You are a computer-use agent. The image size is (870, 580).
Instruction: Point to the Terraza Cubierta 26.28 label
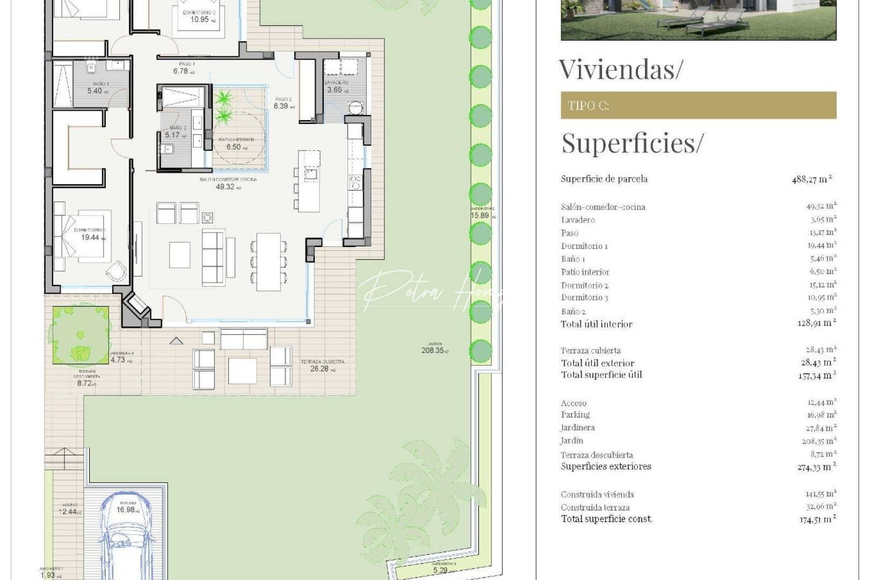click(x=322, y=366)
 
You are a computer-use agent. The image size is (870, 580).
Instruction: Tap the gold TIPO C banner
click(x=698, y=105)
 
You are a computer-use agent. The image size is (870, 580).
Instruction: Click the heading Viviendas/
click(x=621, y=70)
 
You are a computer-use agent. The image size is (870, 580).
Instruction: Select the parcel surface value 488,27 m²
click(x=811, y=179)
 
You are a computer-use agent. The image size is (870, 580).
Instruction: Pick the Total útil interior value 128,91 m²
click(x=816, y=323)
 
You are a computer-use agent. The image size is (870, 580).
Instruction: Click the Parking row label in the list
click(x=575, y=415)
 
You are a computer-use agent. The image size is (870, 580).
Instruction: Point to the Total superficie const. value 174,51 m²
click(x=817, y=519)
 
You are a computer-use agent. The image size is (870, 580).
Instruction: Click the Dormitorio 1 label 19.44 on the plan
click(x=90, y=235)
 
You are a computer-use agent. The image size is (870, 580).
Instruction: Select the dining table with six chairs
click(x=269, y=262)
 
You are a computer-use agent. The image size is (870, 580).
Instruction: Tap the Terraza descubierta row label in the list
click(x=597, y=455)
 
